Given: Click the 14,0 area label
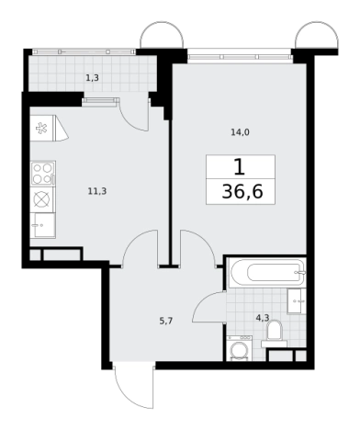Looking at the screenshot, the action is (240, 132).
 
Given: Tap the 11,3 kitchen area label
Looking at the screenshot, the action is (97, 192).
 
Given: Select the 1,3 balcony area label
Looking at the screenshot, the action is (92, 78).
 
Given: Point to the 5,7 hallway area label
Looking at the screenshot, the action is (166, 321).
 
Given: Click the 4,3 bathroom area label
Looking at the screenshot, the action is (263, 318).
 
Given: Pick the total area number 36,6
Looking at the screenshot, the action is (242, 192).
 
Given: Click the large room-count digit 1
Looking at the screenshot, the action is (240, 167).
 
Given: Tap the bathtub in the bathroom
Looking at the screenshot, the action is (267, 272).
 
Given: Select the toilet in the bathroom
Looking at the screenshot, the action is (274, 334).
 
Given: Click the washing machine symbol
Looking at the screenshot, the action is (240, 348).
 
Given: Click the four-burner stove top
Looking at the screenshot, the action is (42, 174).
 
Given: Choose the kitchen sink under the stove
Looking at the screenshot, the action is (43, 225).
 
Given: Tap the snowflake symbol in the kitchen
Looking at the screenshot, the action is (41, 128).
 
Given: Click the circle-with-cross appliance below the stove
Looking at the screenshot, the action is (42, 199).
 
